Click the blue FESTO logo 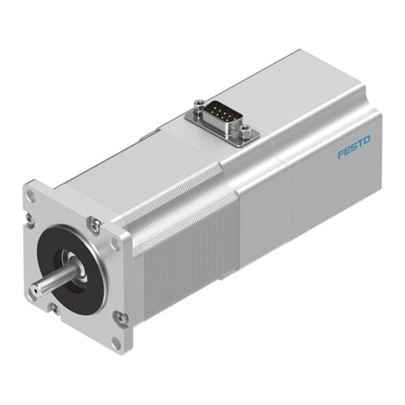click(x=354, y=147)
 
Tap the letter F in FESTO click(x=341, y=154)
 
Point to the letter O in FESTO click(x=366, y=139)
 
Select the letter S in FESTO click(x=355, y=147)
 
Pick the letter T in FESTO click(x=360, y=143)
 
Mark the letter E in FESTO click(x=347, y=150)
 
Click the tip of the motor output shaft click(x=36, y=290)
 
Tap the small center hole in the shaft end click(x=36, y=291)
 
